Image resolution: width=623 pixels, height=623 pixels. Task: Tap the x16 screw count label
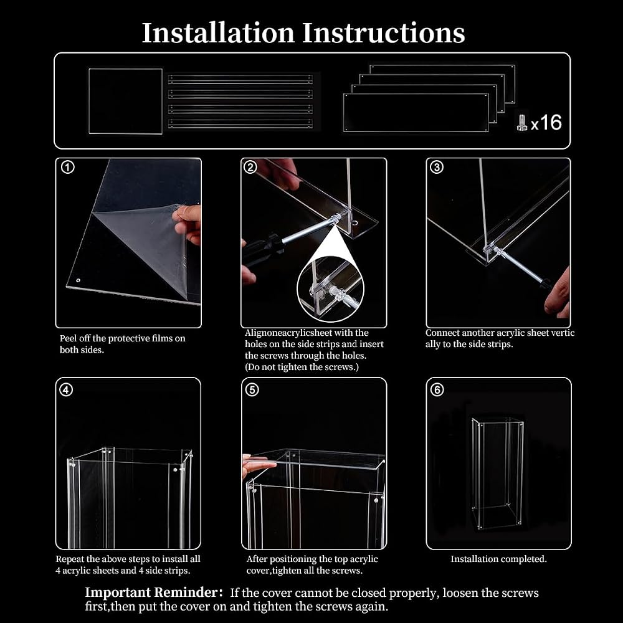(546, 122)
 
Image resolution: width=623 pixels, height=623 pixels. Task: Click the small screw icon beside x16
(521, 122)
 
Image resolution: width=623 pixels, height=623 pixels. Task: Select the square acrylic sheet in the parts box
(126, 102)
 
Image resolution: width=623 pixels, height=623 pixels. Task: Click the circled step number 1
(67, 167)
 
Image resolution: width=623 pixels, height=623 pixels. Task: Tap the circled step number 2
(250, 167)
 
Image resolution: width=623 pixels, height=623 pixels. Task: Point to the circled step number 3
(437, 167)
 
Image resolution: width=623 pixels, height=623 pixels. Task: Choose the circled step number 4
(66, 390)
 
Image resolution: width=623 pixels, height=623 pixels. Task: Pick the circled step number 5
(252, 390)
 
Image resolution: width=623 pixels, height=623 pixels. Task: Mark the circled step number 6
(437, 390)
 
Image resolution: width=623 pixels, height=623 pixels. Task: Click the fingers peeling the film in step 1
(188, 223)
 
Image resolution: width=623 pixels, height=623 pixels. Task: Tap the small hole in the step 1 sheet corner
(78, 280)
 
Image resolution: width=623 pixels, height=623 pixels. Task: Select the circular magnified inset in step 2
(330, 288)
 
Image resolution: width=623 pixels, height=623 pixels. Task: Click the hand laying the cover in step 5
(259, 465)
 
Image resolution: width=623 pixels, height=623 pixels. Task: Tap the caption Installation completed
(498, 559)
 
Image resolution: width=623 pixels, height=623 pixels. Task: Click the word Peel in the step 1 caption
(67, 338)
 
